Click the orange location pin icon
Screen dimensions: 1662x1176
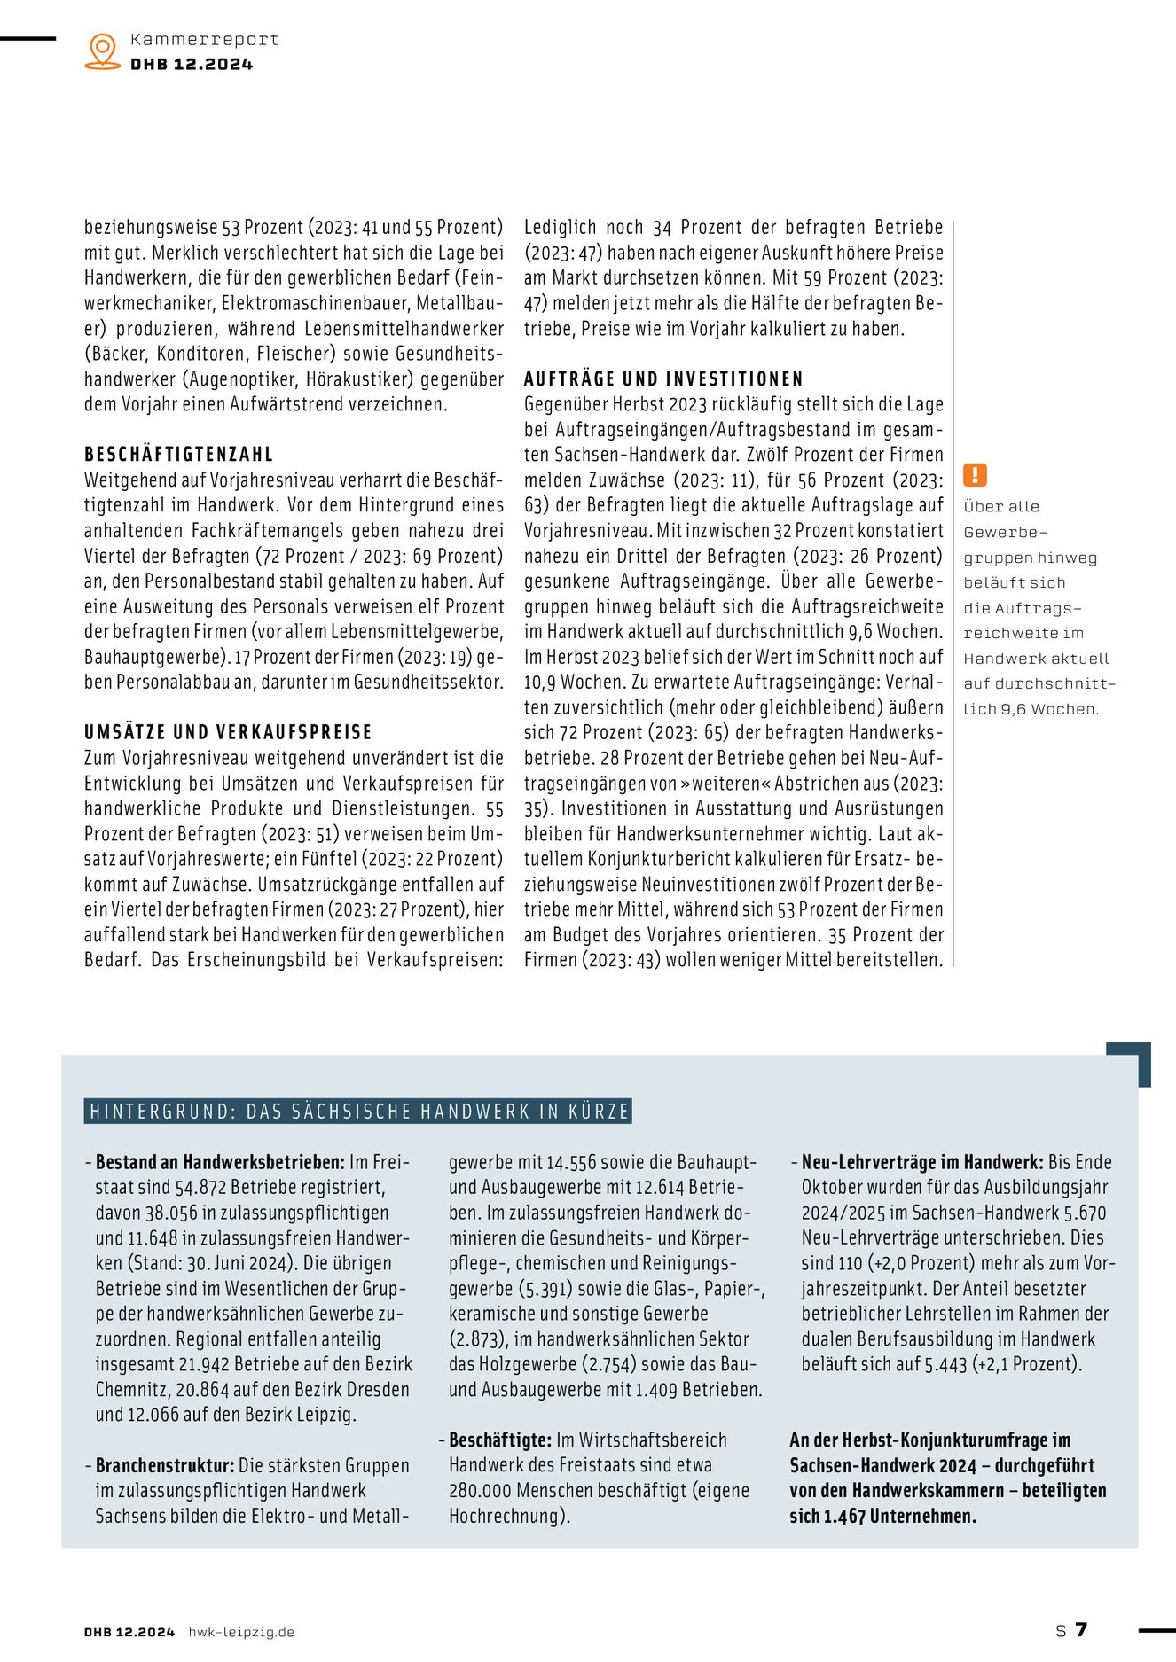(x=103, y=51)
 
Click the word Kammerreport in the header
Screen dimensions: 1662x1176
(x=204, y=40)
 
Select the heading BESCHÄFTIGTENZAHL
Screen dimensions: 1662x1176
(x=179, y=455)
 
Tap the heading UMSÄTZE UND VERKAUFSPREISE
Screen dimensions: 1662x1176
(x=228, y=732)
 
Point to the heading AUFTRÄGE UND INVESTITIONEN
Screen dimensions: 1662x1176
(x=663, y=379)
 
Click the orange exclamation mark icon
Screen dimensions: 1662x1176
(x=975, y=475)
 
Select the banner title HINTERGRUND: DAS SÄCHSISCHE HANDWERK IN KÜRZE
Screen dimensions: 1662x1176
(x=358, y=1112)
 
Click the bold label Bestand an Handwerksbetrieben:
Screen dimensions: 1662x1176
(x=220, y=1162)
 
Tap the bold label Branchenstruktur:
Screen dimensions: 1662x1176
(x=165, y=1465)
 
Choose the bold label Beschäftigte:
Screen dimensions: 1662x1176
(x=500, y=1440)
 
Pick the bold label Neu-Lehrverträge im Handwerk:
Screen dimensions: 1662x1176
(x=922, y=1162)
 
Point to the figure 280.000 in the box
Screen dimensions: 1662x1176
(x=480, y=1491)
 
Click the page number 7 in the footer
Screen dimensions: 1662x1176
(x=1081, y=1629)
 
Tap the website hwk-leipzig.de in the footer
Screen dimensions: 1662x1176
(x=241, y=1632)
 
